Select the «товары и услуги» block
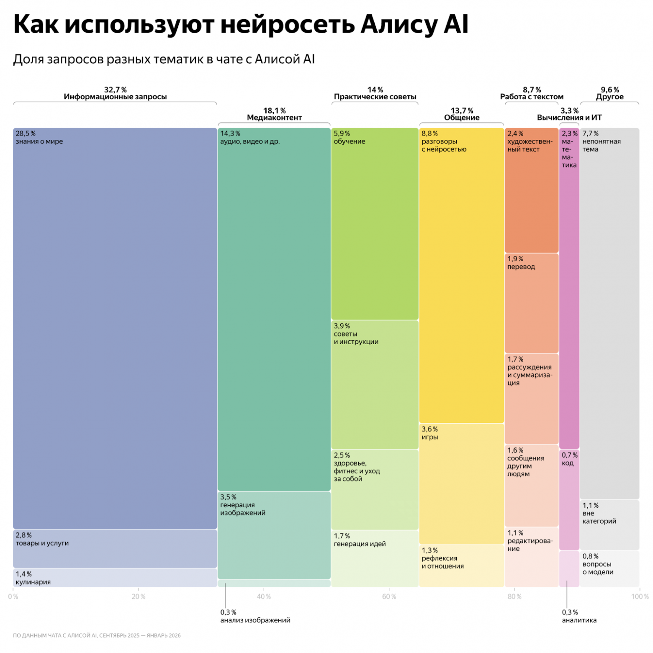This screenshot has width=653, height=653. (115, 549)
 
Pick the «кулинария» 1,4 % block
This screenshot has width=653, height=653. (115, 578)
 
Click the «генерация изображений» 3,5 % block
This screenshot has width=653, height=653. (274, 535)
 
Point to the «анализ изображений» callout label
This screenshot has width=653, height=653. (255, 617)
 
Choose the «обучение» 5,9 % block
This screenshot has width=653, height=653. (375, 224)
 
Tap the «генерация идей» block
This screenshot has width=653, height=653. (375, 558)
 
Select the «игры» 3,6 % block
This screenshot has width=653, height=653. (461, 484)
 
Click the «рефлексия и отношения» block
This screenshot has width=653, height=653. (461, 566)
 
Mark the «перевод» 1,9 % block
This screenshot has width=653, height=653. (532, 303)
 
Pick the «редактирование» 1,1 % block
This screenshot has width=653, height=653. (532, 557)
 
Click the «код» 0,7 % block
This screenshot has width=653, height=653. (569, 500)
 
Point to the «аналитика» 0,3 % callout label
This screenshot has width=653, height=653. (579, 617)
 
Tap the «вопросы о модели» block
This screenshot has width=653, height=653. (609, 568)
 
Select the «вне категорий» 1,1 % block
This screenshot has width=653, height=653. (609, 525)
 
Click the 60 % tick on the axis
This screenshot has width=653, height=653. (389, 596)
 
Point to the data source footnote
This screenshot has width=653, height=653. (97, 635)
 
